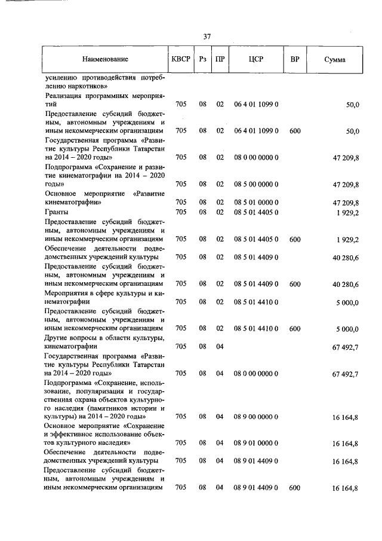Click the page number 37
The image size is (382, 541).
pyautogui.click(x=207, y=36)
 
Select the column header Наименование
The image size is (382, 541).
pyautogui.click(x=105, y=60)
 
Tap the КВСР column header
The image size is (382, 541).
pyautogui.click(x=181, y=60)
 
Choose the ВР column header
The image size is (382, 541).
pyautogui.click(x=294, y=60)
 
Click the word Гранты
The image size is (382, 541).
pyautogui.click(x=56, y=212)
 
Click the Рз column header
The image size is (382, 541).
pyautogui.click(x=203, y=60)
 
